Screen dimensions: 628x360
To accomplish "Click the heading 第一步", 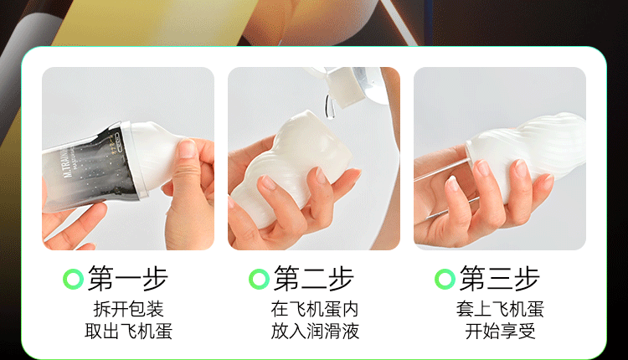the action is [x=128, y=278].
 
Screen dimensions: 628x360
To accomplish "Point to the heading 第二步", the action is [x=314, y=278].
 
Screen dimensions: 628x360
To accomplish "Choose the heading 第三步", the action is [x=499, y=278].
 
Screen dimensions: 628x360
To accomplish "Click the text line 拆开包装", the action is [x=129, y=309].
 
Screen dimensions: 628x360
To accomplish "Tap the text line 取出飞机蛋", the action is [x=129, y=332].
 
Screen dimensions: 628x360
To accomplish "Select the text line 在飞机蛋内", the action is [x=314, y=309].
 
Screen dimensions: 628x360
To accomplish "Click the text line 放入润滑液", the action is [x=315, y=332].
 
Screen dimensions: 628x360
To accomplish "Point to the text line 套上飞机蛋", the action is [x=500, y=309].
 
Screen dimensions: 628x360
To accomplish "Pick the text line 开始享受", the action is [x=500, y=332].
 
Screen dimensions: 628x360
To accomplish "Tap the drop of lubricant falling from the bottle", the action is [x=330, y=106].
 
